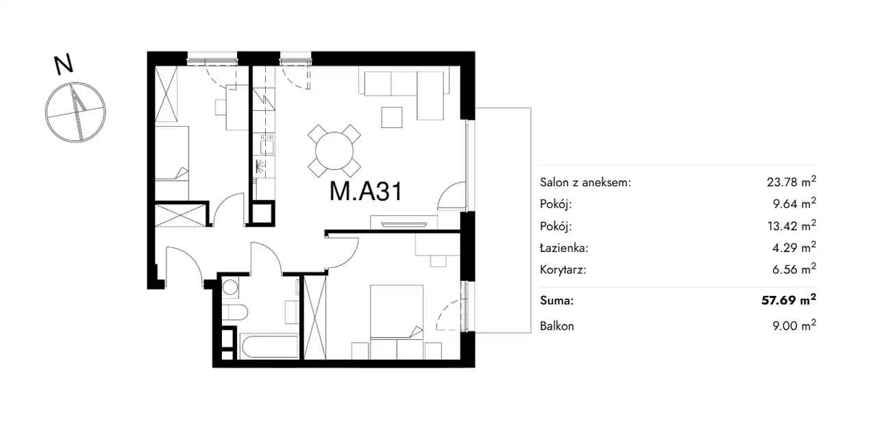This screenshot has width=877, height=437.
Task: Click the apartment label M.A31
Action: (x=366, y=192)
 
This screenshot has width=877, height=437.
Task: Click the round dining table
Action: (x=334, y=151)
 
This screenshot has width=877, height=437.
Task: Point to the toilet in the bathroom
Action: (x=235, y=313)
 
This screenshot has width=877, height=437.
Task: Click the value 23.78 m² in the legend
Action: (x=791, y=182)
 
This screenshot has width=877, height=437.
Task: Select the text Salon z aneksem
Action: (x=584, y=182)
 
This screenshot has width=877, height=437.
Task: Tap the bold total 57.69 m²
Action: (x=789, y=300)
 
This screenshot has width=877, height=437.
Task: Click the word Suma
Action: (x=556, y=301)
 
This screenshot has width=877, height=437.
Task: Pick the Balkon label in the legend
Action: (x=557, y=326)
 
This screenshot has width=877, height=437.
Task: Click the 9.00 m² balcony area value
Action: (x=794, y=325)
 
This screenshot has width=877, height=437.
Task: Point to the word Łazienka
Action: (x=563, y=248)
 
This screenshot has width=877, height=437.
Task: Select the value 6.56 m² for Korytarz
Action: (x=794, y=269)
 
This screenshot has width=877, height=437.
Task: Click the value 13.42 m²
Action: (x=791, y=225)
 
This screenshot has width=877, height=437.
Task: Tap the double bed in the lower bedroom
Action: (x=397, y=322)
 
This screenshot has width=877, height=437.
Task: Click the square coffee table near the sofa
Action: (x=392, y=117)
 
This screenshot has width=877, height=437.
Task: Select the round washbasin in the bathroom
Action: (x=230, y=288)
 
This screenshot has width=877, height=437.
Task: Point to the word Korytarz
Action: (x=563, y=270)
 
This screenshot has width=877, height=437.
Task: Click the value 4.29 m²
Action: (x=795, y=247)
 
